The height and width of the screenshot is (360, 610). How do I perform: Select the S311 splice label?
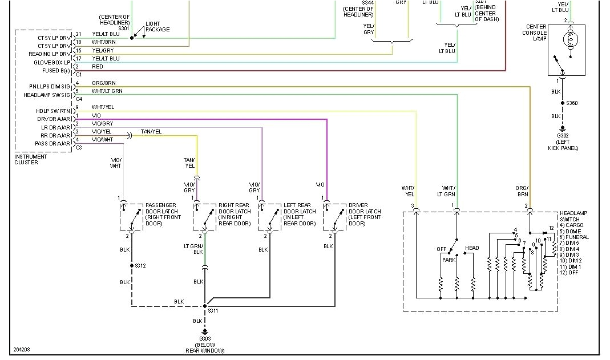(213, 311)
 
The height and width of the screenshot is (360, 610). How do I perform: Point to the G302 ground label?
(563, 135)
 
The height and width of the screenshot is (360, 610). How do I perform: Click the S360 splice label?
(571, 103)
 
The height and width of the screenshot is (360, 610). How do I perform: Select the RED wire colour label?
(98, 67)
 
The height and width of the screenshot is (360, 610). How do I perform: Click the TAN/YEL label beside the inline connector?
(151, 132)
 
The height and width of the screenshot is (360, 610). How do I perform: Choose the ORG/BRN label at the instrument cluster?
(103, 83)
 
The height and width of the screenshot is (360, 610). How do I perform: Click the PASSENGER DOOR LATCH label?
(161, 214)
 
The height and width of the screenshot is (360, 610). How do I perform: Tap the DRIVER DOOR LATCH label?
(365, 214)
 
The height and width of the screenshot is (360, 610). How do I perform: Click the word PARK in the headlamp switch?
(448, 260)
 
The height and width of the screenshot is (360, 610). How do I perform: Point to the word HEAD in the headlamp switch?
(472, 248)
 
